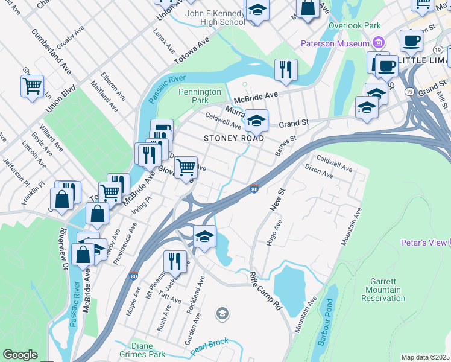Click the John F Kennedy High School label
pos(207,17)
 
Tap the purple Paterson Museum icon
pos(379,43)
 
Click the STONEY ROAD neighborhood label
pos(234,138)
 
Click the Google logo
pos(20,354)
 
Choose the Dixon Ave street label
pos(318,171)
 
